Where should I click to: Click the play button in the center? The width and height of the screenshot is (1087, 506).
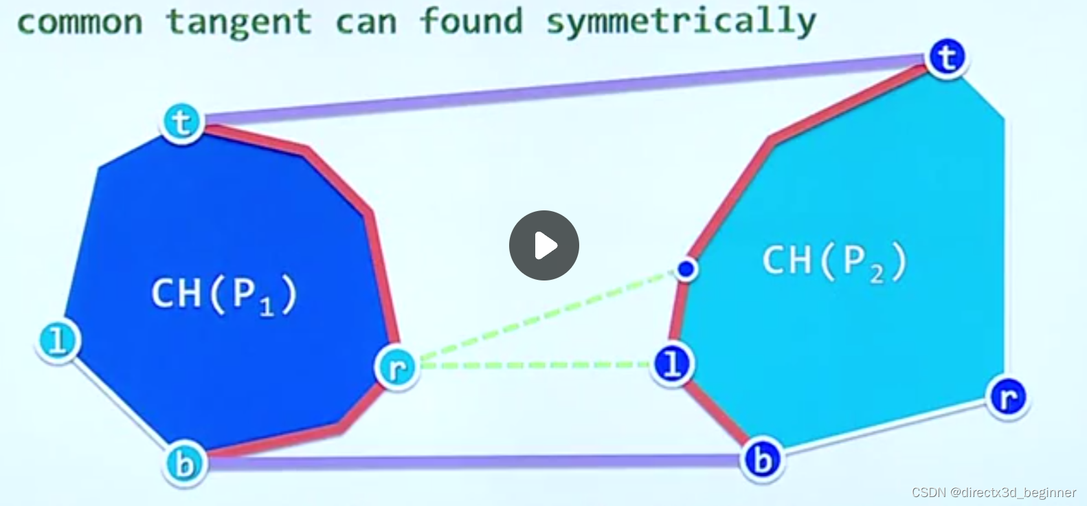(543, 245)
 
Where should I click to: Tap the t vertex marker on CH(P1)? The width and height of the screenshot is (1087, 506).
(182, 122)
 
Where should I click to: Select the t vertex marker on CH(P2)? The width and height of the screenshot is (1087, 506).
(947, 58)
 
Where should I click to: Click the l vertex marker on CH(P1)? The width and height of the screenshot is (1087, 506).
(58, 340)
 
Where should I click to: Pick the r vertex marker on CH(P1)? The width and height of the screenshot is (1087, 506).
(396, 368)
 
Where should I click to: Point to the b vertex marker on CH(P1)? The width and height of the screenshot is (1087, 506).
(184, 464)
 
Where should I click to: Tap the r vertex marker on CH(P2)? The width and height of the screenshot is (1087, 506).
(1007, 397)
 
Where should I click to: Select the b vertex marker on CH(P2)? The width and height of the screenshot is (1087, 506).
(763, 459)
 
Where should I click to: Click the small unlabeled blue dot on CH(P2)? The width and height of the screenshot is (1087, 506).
(685, 269)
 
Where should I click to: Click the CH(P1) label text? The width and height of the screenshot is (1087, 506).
(224, 294)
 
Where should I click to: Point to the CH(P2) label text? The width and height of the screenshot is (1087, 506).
(834, 261)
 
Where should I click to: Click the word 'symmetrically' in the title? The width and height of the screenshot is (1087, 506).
(681, 21)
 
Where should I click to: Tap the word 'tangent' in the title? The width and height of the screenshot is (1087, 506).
(238, 22)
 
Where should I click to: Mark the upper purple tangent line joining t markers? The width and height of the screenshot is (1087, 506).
(563, 87)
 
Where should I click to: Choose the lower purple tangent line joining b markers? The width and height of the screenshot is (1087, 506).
(474, 461)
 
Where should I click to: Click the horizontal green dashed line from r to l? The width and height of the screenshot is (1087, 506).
(536, 365)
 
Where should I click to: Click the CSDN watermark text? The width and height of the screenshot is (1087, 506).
(994, 492)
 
